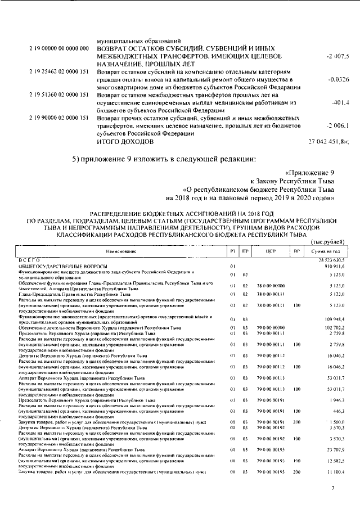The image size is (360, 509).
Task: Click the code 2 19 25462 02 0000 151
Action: (57, 73)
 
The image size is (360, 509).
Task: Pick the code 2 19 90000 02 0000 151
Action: (57, 119)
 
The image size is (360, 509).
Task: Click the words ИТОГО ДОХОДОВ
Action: (124, 142)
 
